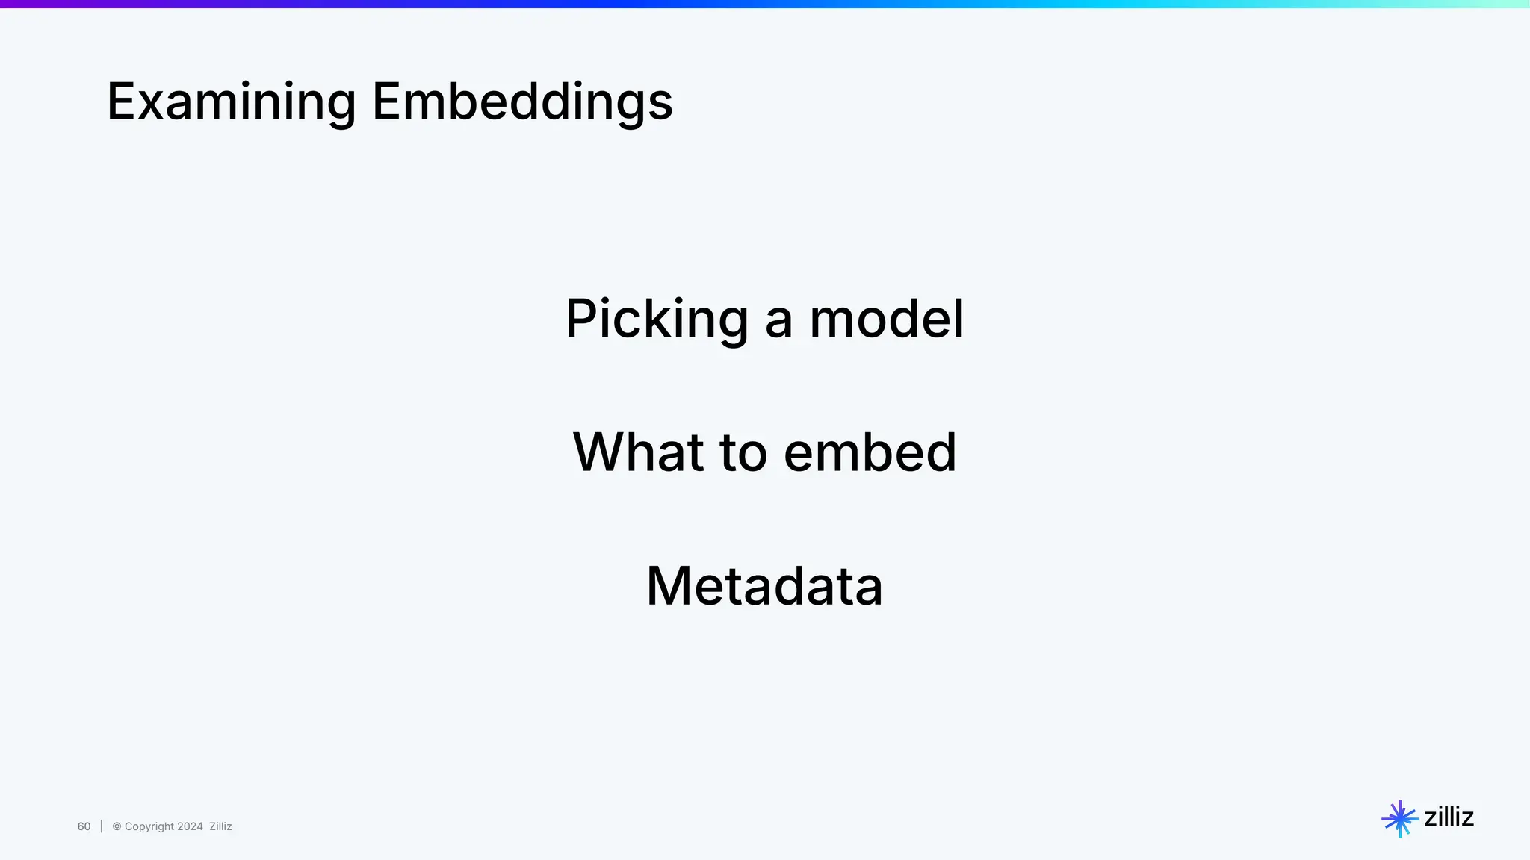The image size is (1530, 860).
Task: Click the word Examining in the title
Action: pyautogui.click(x=232, y=103)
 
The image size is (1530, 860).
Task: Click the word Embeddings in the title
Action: pyautogui.click(x=522, y=103)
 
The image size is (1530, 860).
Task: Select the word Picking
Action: pyautogui.click(x=656, y=320)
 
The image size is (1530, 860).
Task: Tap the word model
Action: pyautogui.click(x=887, y=320)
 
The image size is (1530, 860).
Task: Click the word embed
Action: pyautogui.click(x=870, y=452)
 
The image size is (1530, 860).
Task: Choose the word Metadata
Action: pyautogui.click(x=764, y=586)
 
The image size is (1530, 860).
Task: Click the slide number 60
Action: pyautogui.click(x=84, y=826)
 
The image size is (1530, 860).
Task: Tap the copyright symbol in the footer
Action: pyautogui.click(x=117, y=826)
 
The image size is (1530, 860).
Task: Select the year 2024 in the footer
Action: pyautogui.click(x=190, y=826)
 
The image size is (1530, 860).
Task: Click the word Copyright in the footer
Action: pyautogui.click(x=149, y=826)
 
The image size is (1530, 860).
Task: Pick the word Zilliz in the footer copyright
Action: pyautogui.click(x=220, y=826)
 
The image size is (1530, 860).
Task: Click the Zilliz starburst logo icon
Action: pyautogui.click(x=1399, y=819)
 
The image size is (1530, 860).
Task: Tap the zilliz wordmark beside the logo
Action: pyautogui.click(x=1449, y=817)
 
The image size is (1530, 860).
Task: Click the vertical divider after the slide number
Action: pyautogui.click(x=102, y=826)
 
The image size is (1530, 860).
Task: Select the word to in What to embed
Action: pyautogui.click(x=743, y=452)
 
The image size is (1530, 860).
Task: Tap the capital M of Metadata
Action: pyautogui.click(x=672, y=586)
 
